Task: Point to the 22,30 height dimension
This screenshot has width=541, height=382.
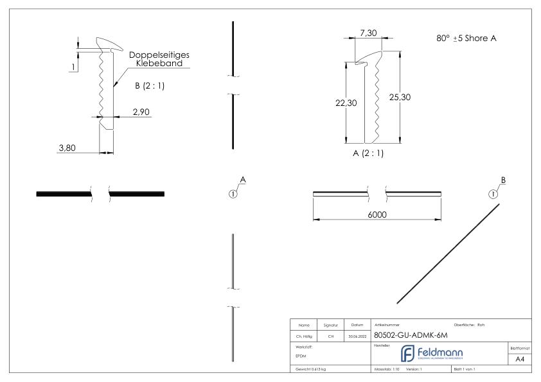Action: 346,103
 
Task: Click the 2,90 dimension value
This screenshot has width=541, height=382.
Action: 142,111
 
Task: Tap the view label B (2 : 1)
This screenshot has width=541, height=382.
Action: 150,87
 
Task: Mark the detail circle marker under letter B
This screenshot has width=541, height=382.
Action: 493,194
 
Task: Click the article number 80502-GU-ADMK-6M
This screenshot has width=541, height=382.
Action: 411,335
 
